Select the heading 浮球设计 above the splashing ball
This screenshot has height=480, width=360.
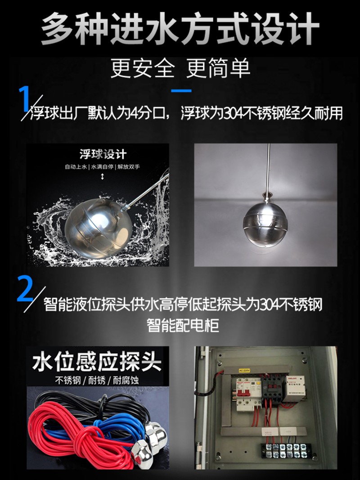[x=103, y=155]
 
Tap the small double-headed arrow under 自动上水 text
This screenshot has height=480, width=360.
[x=103, y=176]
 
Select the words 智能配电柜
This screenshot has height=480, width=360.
[x=183, y=324]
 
